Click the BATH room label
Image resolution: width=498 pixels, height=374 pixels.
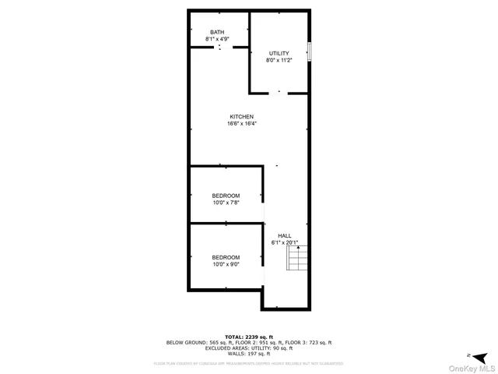(216, 32)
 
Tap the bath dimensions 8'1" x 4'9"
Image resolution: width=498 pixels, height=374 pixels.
(216, 39)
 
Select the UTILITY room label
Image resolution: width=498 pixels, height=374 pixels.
(279, 53)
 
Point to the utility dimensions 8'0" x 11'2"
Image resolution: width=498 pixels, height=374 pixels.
(279, 60)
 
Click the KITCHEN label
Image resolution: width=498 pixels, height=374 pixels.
(241, 116)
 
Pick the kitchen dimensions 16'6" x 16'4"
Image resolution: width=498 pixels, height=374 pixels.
(241, 123)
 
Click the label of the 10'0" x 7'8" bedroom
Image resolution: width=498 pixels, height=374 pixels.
(226, 196)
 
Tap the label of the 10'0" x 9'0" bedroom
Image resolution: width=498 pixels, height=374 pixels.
(226, 257)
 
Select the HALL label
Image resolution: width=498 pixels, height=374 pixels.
(285, 235)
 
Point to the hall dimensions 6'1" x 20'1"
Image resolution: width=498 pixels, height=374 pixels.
(285, 242)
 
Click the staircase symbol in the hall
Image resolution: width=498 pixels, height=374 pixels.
(298, 257)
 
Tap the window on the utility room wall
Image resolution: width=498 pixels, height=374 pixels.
(309, 51)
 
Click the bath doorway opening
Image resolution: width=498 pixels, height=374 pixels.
(219, 48)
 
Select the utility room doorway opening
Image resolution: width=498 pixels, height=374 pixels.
(279, 92)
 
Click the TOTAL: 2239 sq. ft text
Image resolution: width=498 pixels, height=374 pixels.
(248, 337)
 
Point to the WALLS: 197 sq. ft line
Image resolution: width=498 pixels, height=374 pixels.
(248, 354)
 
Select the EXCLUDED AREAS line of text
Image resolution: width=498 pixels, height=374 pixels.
(248, 348)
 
